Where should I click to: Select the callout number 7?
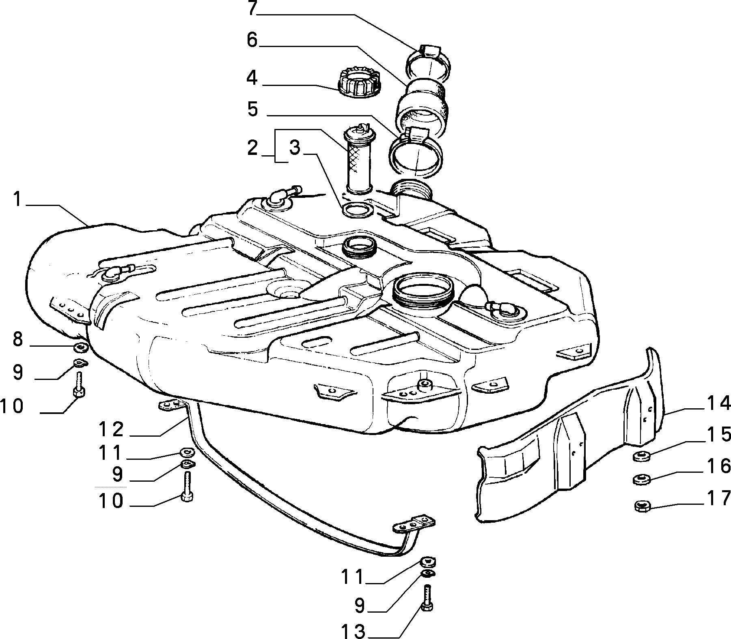[x=252, y=8]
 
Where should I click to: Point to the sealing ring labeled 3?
[x=357, y=210]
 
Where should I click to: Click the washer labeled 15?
[x=641, y=456]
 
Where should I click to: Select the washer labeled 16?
[x=642, y=479]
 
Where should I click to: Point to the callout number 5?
[x=253, y=109]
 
